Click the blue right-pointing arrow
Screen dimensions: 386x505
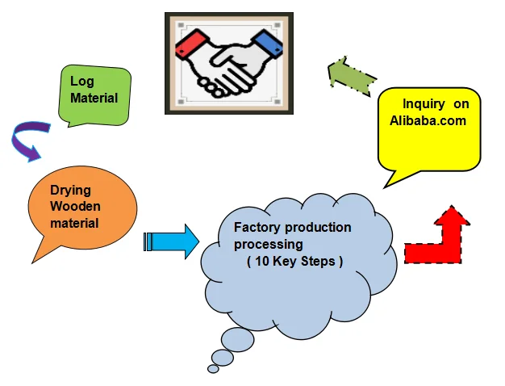[172, 241]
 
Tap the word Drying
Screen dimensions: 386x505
[70, 191]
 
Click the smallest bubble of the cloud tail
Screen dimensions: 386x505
[213, 368]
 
